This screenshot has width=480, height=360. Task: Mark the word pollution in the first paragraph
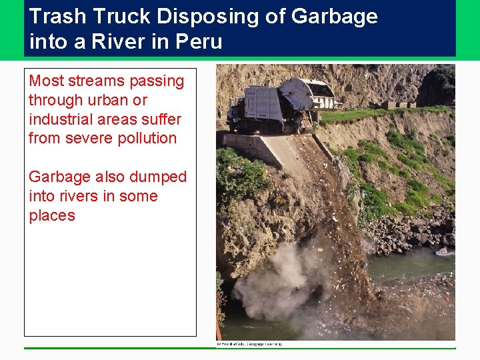click(144, 139)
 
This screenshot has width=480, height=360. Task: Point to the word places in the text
click(52, 216)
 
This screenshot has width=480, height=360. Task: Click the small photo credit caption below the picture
click(249, 344)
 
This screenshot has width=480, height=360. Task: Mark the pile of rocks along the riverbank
click(407, 230)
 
